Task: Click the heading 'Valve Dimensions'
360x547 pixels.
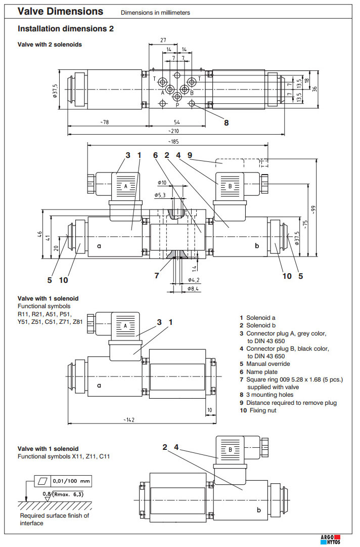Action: point(61,11)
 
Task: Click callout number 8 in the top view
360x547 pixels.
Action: point(226,122)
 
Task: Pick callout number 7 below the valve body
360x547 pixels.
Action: point(157,276)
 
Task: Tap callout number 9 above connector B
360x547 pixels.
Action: point(190,155)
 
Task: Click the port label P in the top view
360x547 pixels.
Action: point(177,105)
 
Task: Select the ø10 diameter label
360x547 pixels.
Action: point(162,182)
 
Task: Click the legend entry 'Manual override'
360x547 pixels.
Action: point(268,364)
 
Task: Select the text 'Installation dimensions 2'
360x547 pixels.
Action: point(66,29)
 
